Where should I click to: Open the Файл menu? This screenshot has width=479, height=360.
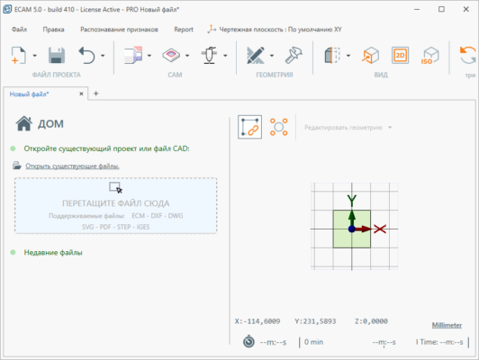coord(21,29)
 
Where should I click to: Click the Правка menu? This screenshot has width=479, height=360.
coord(53,29)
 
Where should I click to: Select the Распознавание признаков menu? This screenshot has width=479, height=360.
coord(119,29)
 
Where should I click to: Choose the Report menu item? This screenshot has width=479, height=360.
coord(184,29)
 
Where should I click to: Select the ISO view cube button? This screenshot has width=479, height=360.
coord(431,55)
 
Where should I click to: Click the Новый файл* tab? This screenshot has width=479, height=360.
coord(30,94)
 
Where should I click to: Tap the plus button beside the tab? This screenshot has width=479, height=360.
coord(96,94)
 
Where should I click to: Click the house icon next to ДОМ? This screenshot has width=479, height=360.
coord(24,125)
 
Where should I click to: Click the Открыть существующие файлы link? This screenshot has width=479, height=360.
coord(72,166)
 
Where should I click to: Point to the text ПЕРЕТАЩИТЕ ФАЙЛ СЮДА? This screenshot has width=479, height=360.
coord(115,203)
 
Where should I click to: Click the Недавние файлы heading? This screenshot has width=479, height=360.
coord(53,252)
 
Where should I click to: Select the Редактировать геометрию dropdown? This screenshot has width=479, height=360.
coord(347,127)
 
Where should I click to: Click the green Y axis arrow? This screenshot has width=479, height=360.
coord(352,200)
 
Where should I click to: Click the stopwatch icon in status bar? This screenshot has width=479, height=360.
coord(248,342)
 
